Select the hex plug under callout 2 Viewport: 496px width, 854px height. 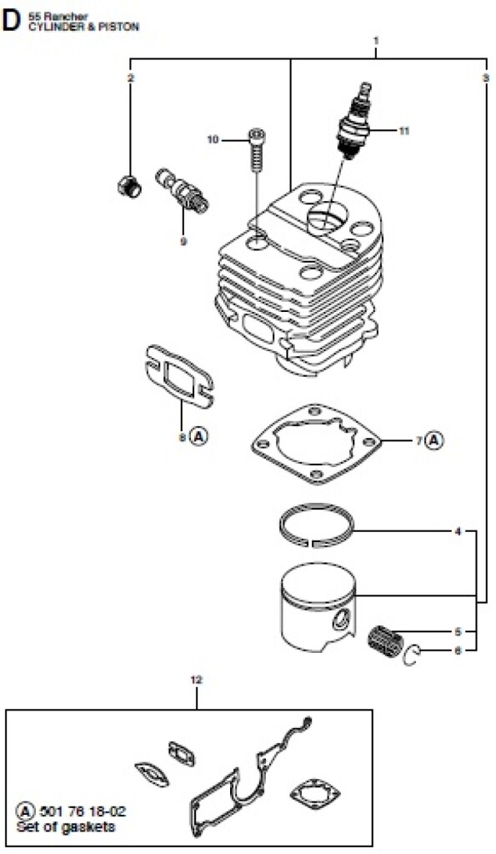[129, 186]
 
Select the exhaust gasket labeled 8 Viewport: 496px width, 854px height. [179, 377]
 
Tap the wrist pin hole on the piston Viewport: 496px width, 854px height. [343, 619]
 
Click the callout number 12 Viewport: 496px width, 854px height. [197, 680]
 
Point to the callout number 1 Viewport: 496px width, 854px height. [376, 40]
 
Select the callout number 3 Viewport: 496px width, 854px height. [485, 78]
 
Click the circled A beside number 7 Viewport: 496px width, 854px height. [434, 440]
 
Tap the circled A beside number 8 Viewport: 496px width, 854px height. [200, 435]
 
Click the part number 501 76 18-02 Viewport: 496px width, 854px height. [79, 812]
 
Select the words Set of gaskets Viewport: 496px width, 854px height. [66, 826]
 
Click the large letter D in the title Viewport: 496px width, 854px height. [11, 21]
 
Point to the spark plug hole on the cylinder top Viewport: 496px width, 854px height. [325, 218]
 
